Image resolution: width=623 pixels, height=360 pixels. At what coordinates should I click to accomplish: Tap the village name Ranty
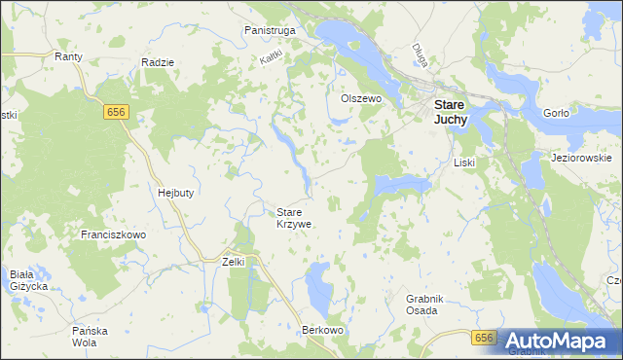[68, 57]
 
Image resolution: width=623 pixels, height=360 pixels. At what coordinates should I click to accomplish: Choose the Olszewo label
[359, 99]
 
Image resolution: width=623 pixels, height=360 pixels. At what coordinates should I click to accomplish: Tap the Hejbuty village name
[175, 193]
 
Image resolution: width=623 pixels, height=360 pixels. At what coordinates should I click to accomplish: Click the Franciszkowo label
[113, 235]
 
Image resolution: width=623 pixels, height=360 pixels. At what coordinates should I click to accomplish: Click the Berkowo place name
[324, 331]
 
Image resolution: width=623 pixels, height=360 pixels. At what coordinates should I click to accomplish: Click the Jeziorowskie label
[580, 158]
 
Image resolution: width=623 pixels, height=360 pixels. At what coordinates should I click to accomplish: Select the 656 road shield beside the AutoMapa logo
[485, 338]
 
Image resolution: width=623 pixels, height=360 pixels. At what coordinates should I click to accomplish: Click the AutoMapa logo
[557, 341]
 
